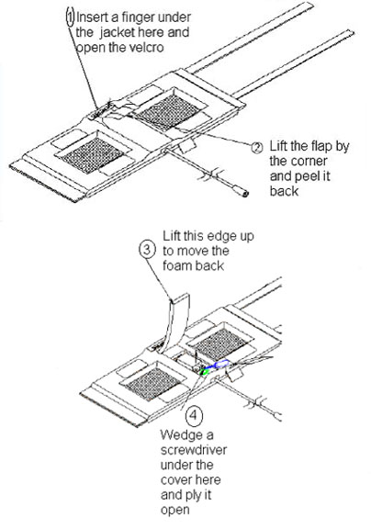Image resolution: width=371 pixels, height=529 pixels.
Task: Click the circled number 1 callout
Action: click(70, 17)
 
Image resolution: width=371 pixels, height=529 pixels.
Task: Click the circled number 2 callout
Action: click(257, 148)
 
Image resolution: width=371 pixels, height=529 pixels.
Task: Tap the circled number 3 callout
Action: click(147, 250)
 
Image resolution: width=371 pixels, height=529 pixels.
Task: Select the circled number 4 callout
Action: click(194, 415)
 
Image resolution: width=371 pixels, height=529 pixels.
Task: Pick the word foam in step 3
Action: click(178, 265)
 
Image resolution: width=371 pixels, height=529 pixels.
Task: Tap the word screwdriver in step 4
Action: click(194, 450)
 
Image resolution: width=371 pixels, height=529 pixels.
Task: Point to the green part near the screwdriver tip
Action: click(204, 371)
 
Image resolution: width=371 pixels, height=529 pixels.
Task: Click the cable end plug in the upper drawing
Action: click(244, 193)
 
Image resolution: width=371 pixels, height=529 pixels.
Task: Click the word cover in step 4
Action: click(191, 480)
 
